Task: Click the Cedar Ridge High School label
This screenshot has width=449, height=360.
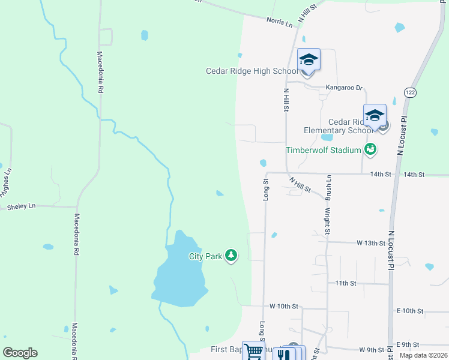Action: point(252,71)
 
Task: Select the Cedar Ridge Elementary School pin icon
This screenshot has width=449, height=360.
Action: point(375,115)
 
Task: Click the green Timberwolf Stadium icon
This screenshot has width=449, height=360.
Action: point(370,149)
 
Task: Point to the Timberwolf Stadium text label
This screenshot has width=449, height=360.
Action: point(323,150)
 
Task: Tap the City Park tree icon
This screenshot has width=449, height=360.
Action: point(231,256)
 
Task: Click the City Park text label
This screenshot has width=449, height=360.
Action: point(205,256)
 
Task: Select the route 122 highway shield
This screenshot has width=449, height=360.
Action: point(410,92)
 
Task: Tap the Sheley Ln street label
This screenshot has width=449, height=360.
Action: point(21,206)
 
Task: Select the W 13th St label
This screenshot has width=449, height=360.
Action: point(370,243)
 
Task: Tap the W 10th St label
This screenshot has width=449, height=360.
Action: point(284,306)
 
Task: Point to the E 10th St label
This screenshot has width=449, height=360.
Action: point(410,311)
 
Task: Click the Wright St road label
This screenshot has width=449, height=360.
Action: point(328,220)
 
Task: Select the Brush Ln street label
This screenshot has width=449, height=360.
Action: point(329,189)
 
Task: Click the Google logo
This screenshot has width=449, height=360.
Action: point(20,353)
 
